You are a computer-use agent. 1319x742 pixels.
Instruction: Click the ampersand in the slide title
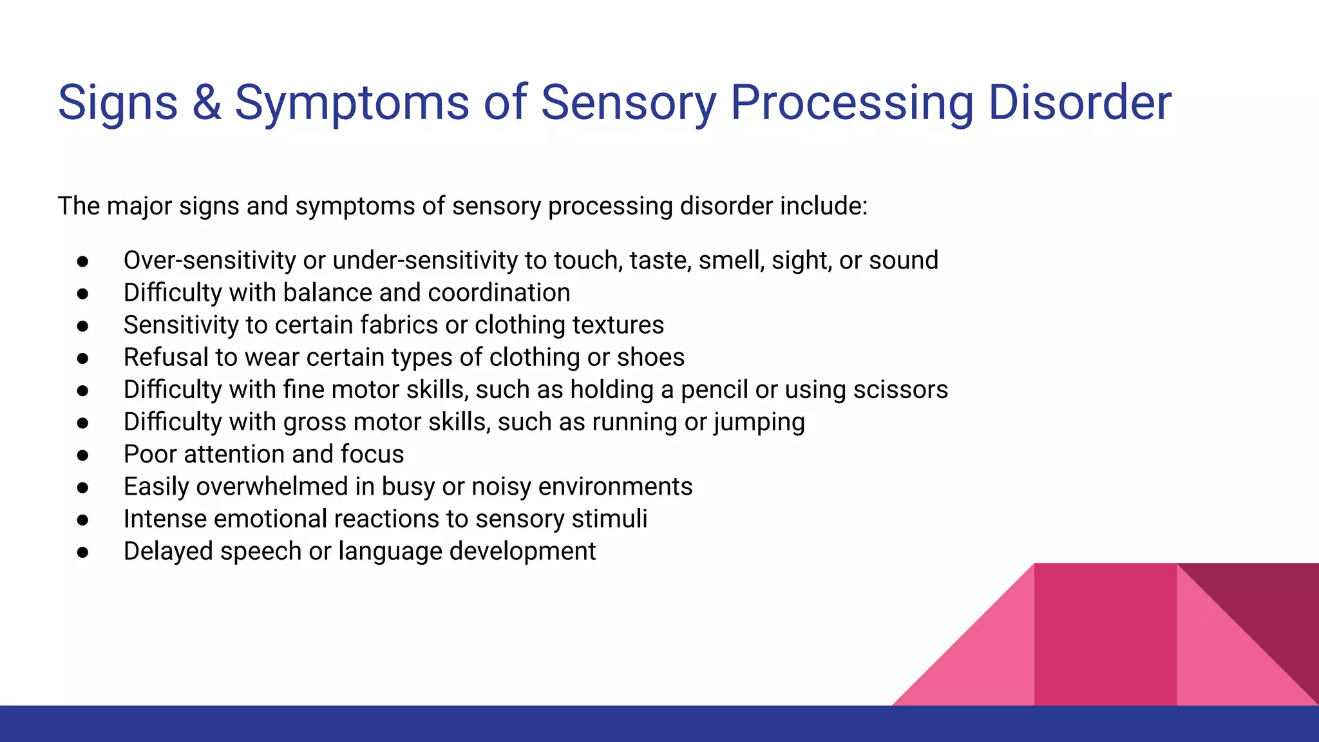tap(206, 103)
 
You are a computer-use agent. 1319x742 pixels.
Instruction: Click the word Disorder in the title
tap(1079, 103)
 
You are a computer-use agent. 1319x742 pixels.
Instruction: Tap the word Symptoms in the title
tap(352, 103)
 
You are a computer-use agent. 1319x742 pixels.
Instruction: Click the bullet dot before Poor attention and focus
tap(82, 455)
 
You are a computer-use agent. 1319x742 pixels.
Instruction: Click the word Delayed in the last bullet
tap(168, 551)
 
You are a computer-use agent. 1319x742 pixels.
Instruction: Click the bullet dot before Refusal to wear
tap(82, 358)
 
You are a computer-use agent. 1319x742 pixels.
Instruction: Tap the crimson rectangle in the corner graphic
tap(1105, 634)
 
